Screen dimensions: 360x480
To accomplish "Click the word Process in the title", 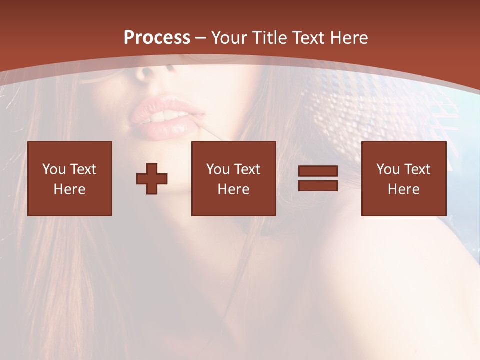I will (157, 38).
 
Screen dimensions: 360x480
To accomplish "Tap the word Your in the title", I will (230, 38).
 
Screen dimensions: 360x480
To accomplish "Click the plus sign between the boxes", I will (152, 178).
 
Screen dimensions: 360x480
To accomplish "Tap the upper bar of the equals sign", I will (318, 171).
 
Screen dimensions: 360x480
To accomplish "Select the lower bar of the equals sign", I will (318, 185).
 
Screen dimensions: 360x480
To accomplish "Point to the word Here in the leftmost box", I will (69, 189).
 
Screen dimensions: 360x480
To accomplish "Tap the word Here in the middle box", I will (233, 189).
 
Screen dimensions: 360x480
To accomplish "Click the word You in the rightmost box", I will (388, 169).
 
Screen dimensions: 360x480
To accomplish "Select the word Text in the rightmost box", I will (417, 169).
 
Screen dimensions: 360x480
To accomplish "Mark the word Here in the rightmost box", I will (403, 189).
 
